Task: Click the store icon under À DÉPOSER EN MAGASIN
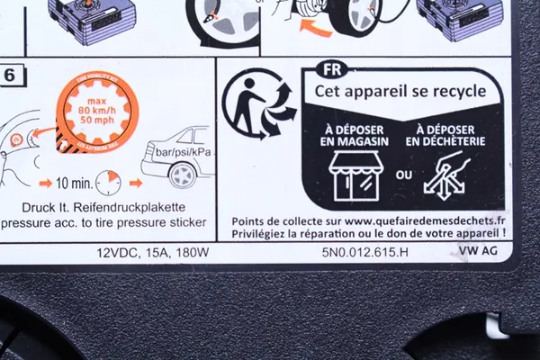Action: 352,175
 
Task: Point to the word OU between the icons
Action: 403,175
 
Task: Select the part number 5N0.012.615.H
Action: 364,252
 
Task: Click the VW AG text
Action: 477,250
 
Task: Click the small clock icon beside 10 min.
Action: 109,183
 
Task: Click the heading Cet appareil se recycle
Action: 400,91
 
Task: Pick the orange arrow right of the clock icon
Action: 135,183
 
